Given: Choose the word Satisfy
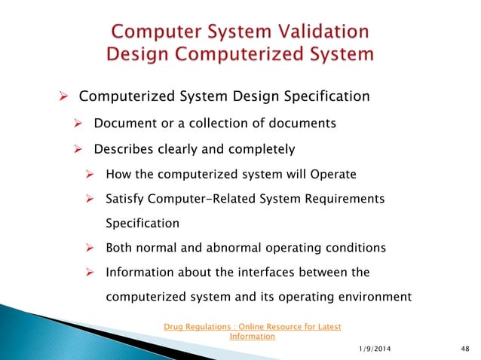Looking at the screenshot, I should (129, 198).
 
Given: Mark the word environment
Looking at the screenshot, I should (371, 297).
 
